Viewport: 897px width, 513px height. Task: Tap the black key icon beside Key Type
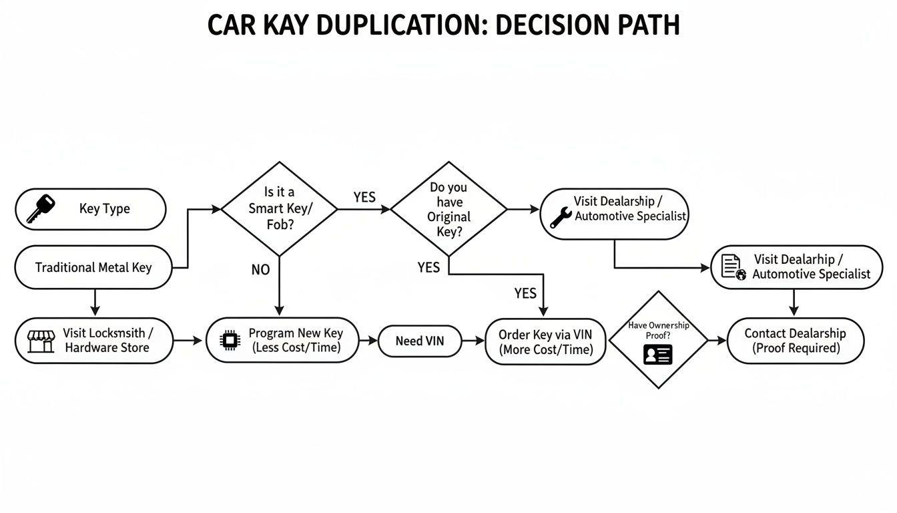[39, 208]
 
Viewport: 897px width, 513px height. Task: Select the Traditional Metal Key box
[93, 267]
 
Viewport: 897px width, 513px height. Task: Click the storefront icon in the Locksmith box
[40, 341]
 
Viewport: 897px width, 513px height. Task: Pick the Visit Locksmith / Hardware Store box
[94, 341]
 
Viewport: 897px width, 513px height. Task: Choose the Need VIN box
[419, 341]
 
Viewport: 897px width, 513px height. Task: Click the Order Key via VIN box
[545, 342]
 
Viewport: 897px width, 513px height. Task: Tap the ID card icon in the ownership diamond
[658, 354]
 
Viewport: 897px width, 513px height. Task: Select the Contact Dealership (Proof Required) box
[795, 341]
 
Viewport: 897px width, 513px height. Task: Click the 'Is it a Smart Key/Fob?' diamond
[279, 208]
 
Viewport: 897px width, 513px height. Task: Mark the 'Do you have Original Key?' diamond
[448, 208]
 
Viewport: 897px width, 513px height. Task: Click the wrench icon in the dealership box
[559, 218]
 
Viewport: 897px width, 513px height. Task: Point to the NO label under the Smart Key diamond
[260, 269]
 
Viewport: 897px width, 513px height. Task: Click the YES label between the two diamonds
[364, 197]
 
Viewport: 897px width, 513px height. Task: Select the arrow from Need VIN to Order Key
[475, 341]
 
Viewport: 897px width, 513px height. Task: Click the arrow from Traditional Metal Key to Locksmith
[95, 303]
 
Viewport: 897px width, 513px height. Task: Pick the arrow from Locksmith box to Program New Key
[188, 341]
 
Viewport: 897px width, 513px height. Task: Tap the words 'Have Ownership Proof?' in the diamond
[658, 330]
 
